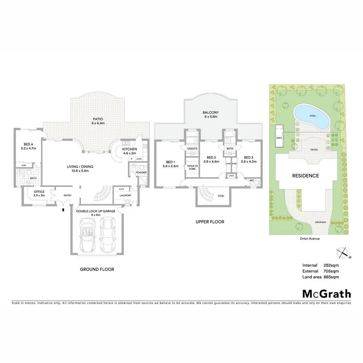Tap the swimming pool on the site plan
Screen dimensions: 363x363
coord(310,116)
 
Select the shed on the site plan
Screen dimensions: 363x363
coord(279,137)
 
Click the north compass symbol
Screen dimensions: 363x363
coord(343,253)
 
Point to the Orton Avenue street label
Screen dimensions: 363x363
coord(310,239)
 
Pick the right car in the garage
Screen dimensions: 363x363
coord(107,235)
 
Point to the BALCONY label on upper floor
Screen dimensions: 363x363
coord(209,112)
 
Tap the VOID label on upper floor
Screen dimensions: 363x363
coord(221,196)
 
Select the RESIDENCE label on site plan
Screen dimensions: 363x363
coord(306,176)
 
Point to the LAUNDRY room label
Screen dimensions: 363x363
coord(126,196)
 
